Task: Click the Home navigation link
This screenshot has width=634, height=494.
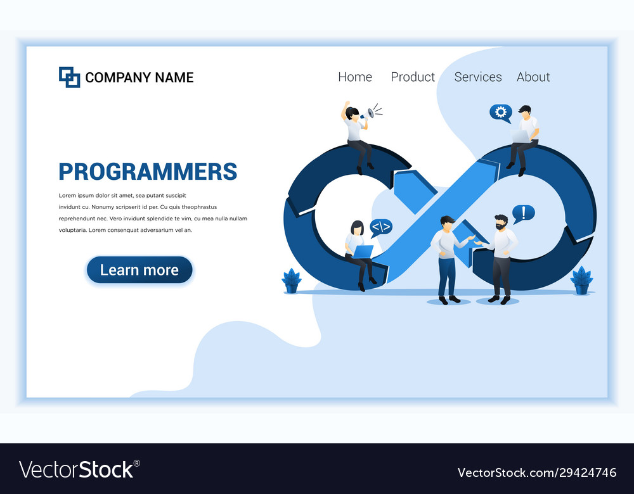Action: click(x=355, y=77)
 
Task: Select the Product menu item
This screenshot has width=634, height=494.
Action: click(x=413, y=77)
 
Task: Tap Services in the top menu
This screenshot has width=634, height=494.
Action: click(x=478, y=77)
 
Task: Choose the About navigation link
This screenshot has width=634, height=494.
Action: click(x=533, y=77)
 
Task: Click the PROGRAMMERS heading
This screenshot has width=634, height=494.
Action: click(x=148, y=172)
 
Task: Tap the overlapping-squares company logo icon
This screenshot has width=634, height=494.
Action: click(x=69, y=77)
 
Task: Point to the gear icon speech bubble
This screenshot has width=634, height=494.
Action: click(x=500, y=113)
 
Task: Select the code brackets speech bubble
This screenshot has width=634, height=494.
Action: click(x=381, y=227)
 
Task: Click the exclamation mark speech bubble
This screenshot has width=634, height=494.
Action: click(x=524, y=213)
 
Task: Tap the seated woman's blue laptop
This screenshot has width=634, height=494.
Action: click(x=363, y=251)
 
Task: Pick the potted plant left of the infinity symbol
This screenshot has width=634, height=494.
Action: click(x=292, y=281)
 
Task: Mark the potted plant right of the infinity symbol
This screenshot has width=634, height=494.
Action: click(x=581, y=280)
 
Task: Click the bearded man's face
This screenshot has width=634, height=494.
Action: click(x=501, y=224)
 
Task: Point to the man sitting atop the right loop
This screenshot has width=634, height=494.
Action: click(x=524, y=136)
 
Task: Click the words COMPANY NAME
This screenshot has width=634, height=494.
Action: click(x=139, y=77)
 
